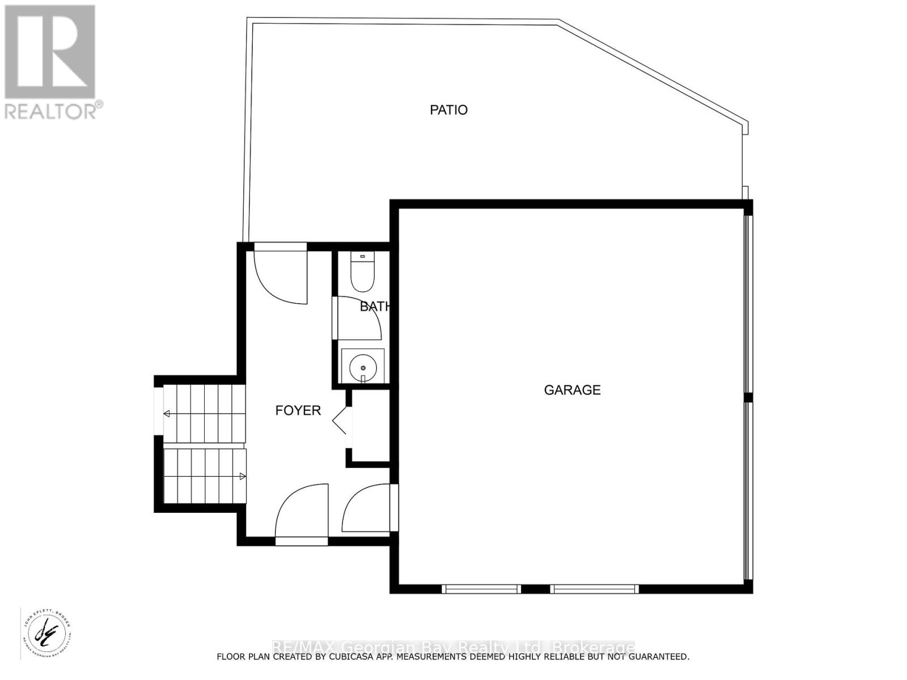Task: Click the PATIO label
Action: pyautogui.click(x=448, y=110)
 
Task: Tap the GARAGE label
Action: pyautogui.click(x=572, y=390)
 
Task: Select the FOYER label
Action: pyautogui.click(x=298, y=410)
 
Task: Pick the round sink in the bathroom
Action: pyautogui.click(x=363, y=367)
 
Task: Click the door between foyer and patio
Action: pyautogui.click(x=281, y=275)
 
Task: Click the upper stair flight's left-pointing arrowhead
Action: pyautogui.click(x=167, y=414)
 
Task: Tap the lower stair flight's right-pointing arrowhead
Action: pyautogui.click(x=243, y=477)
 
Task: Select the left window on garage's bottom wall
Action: pyautogui.click(x=481, y=589)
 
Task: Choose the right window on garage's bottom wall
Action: pyautogui.click(x=594, y=589)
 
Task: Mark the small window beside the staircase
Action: pyautogui.click(x=158, y=411)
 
